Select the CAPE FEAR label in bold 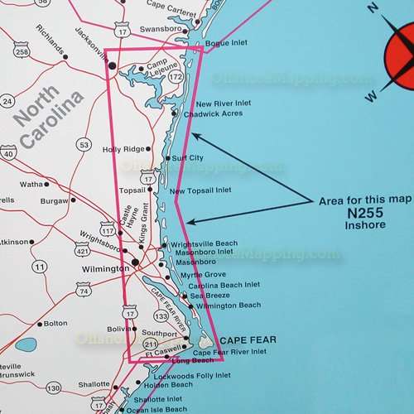coord(248,340)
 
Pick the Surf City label coord(187,157)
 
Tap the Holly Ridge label coord(122,150)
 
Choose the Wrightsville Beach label coord(204,243)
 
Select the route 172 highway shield coord(175,77)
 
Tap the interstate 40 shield coord(7,152)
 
